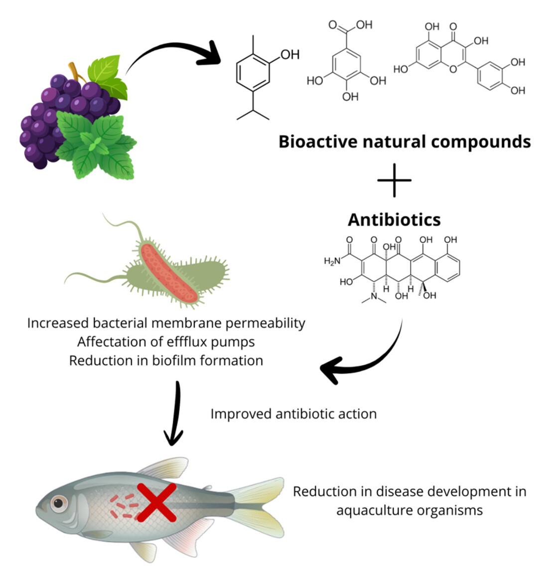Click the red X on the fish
156,503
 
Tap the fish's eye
59,503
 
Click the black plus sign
394,180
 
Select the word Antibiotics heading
394,219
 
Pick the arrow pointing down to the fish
174,414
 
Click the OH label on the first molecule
289,54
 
